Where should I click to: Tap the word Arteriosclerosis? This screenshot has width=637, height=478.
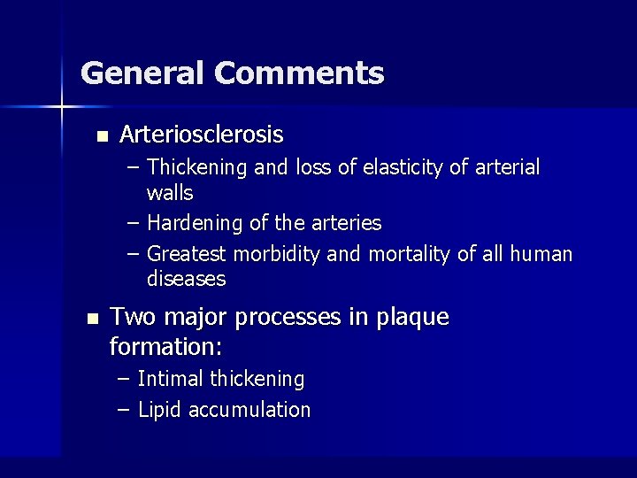click(201, 135)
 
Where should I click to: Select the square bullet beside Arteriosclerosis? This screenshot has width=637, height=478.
click(103, 136)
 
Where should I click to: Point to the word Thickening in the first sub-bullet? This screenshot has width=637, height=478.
click(199, 167)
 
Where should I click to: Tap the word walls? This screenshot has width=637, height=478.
click(170, 192)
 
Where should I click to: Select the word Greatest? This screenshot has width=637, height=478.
click(187, 255)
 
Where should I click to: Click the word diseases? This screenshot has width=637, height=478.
click(187, 279)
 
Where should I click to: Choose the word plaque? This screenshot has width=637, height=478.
click(413, 317)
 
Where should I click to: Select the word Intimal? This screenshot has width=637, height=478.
click(171, 380)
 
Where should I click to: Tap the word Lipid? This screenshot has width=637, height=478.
click(160, 410)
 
